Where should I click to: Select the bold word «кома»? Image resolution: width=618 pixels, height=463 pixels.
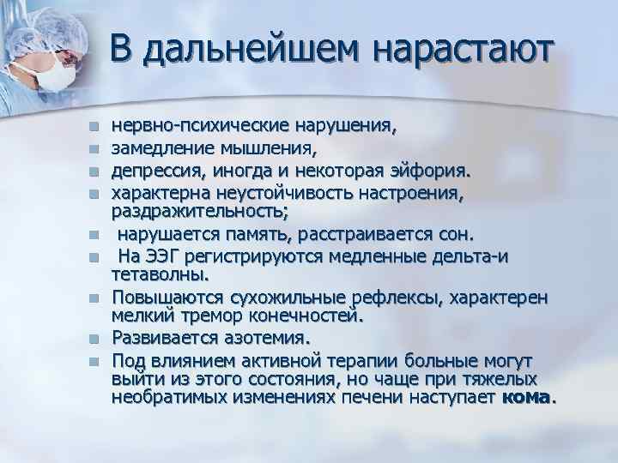(527, 398)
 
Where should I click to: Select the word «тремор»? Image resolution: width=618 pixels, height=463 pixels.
(203, 316)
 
